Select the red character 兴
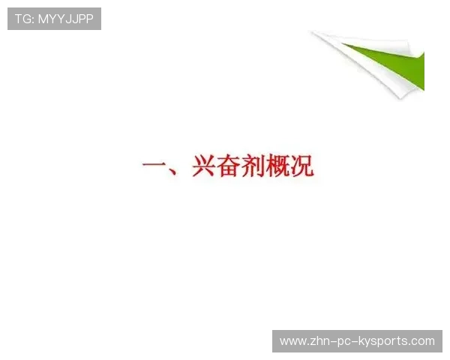pyautogui.click(x=204, y=166)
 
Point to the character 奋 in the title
pyautogui.click(x=229, y=166)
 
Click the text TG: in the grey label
pyautogui.click(x=24, y=19)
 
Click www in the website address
pyautogui.click(x=292, y=341)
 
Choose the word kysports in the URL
pyautogui.click(x=385, y=342)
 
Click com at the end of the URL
pyautogui.click(x=423, y=341)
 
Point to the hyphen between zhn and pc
pyautogui.click(x=335, y=342)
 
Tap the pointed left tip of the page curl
pyautogui.click(x=313, y=32)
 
